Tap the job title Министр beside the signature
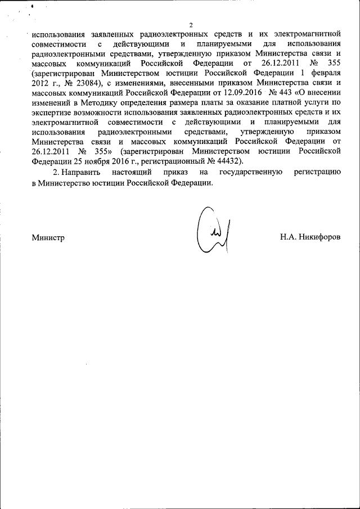48,237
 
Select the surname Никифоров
322,237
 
